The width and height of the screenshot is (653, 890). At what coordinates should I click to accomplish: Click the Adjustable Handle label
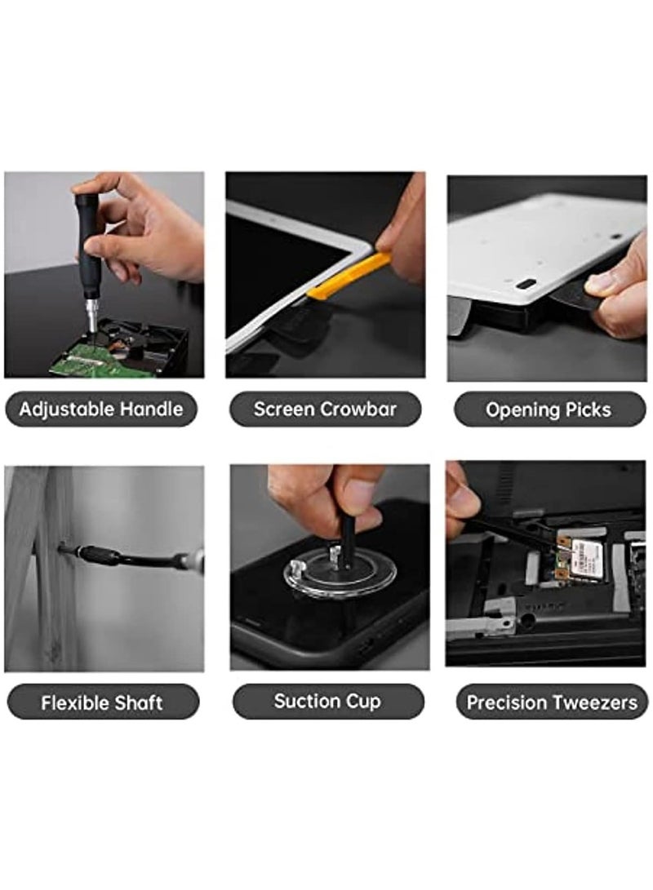101,409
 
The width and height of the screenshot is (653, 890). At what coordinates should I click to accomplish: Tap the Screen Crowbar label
325,409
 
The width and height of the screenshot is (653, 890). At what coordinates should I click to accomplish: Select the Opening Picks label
548,410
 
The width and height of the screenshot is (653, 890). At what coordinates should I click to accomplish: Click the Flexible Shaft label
102,702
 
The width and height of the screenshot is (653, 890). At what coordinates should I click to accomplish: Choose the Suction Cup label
327,701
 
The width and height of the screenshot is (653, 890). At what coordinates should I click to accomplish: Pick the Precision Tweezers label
552,702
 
